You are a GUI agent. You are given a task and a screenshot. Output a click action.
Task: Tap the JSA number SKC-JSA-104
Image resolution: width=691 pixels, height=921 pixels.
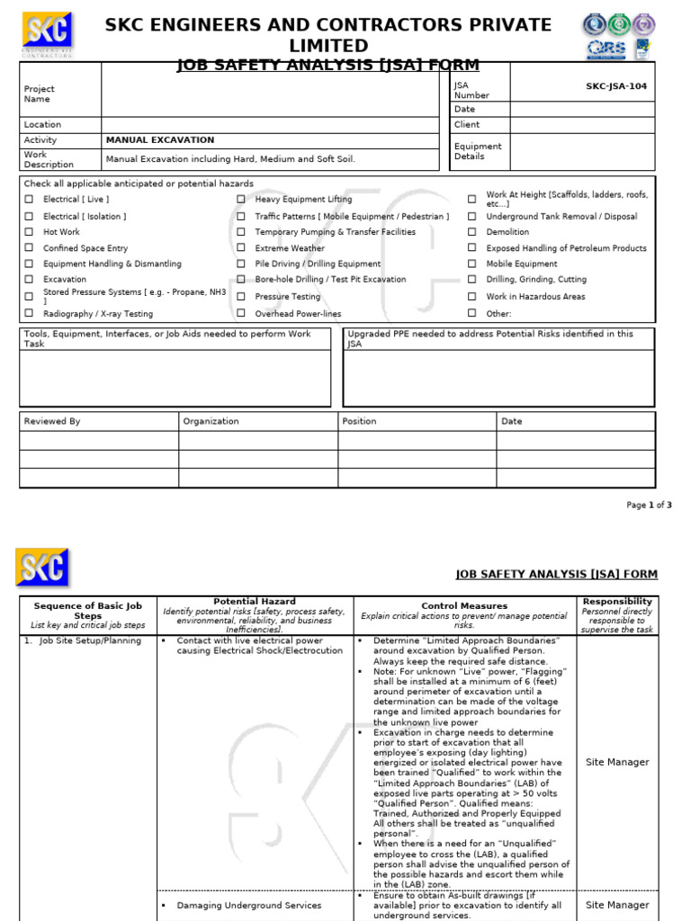click(615, 86)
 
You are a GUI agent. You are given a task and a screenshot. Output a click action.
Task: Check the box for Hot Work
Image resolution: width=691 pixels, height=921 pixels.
click(29, 232)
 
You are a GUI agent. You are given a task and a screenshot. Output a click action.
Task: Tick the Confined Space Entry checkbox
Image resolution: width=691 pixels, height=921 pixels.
click(29, 248)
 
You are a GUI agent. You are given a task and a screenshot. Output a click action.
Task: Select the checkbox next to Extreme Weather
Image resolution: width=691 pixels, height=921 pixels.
click(241, 248)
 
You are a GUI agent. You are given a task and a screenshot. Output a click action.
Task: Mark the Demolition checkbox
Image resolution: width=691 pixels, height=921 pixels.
click(471, 232)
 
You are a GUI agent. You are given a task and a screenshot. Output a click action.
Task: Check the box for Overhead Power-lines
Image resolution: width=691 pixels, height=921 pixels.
click(241, 313)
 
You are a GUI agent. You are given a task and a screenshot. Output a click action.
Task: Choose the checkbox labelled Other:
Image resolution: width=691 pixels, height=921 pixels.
click(471, 313)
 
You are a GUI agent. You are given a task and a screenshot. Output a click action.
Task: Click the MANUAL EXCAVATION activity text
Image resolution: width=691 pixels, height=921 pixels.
click(160, 140)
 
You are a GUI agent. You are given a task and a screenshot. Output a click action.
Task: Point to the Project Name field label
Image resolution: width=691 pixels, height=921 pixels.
click(39, 94)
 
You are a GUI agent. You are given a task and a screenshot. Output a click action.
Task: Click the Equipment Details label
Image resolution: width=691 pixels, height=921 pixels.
click(478, 151)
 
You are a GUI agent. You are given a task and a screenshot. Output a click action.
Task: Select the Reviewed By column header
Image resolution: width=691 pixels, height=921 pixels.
click(52, 421)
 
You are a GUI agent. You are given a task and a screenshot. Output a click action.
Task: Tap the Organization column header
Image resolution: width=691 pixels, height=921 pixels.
click(211, 421)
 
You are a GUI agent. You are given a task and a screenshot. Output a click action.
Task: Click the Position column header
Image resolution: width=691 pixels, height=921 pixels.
click(360, 421)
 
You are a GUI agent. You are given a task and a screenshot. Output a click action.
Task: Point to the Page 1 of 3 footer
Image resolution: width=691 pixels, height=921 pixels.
click(649, 505)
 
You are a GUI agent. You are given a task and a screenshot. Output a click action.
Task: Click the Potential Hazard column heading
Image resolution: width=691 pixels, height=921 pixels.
click(255, 602)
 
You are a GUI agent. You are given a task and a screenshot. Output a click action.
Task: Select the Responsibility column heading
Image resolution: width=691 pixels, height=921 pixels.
click(617, 602)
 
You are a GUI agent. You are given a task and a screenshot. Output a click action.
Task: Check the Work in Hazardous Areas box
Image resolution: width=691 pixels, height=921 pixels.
click(471, 297)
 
